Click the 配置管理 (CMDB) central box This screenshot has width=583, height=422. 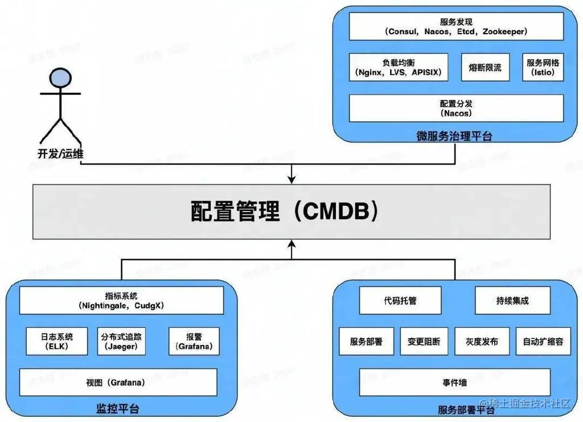[x=291, y=212]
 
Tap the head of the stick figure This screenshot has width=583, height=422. [x=59, y=79]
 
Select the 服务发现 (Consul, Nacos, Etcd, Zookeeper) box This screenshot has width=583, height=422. [x=456, y=26]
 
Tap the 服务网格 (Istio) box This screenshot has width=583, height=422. [x=543, y=67]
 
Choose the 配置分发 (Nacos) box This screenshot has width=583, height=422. [x=456, y=108]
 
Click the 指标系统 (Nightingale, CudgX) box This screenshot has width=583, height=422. [x=121, y=301]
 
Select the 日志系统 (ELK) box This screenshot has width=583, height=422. [x=57, y=341]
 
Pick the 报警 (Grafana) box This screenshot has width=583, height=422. [x=194, y=341]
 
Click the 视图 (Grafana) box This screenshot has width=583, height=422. [x=118, y=382]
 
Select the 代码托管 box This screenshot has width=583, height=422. [x=400, y=300]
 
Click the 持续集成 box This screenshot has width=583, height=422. [x=504, y=300]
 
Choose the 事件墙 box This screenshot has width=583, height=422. [x=454, y=382]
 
